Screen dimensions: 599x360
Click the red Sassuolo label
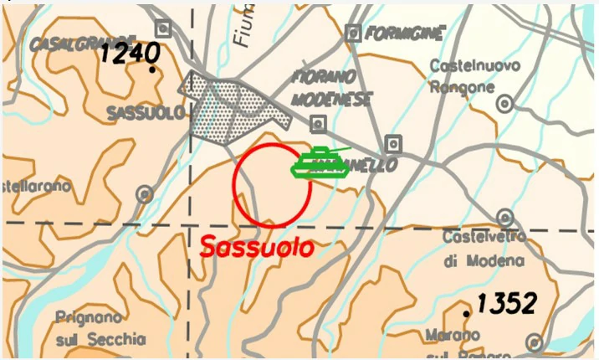point(257,248)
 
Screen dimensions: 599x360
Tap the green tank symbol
point(320,162)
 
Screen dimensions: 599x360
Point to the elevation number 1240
point(130,54)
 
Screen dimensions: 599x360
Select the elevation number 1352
point(505,303)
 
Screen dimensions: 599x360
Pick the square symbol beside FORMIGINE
point(353,33)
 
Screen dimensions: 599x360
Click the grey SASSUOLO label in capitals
point(145,113)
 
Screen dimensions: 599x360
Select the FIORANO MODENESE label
point(332,87)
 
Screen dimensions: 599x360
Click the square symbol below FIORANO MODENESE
point(318,125)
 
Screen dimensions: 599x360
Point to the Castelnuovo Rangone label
point(474,75)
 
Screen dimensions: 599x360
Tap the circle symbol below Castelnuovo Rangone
point(504,104)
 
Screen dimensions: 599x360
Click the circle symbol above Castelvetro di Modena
point(504,217)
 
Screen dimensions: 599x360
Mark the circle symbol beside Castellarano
point(145,194)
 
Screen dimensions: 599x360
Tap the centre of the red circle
point(272,185)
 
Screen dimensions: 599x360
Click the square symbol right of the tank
point(393,143)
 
